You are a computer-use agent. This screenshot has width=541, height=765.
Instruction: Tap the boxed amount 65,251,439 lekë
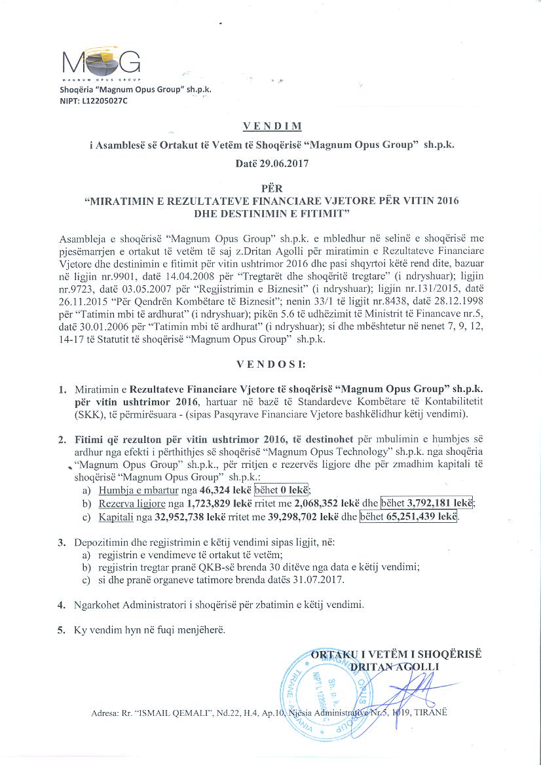coord(408,517)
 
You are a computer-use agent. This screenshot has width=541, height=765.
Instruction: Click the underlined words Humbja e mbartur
coord(130,489)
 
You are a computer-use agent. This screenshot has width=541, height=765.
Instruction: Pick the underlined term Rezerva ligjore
coord(126,503)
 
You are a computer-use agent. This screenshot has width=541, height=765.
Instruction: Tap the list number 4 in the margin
coord(61,605)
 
